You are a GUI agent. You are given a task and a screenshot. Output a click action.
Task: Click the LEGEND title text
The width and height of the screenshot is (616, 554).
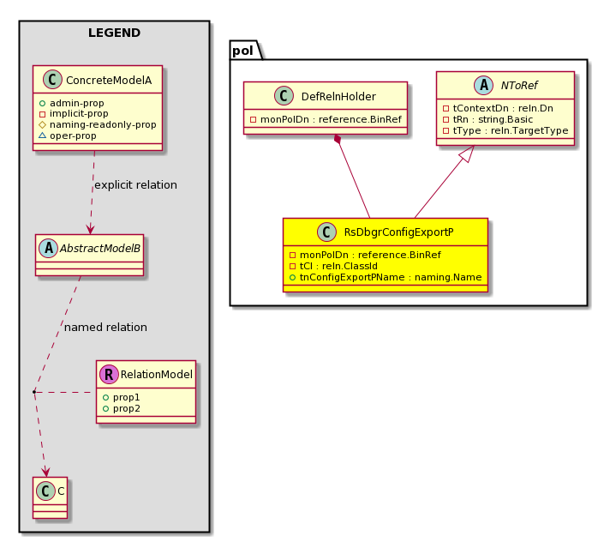coord(114,33)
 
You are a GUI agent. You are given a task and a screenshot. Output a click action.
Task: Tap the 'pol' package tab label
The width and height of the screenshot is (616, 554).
coord(242,51)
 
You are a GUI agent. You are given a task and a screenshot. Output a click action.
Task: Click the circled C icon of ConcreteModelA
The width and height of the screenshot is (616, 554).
coord(52,80)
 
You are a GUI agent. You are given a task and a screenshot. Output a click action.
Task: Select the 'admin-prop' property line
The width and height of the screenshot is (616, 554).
coord(71,103)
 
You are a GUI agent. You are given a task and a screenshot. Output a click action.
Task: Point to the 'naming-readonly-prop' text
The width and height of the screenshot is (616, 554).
coord(103,124)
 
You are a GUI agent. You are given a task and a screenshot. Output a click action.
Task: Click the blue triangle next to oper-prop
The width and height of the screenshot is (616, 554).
coord(43,135)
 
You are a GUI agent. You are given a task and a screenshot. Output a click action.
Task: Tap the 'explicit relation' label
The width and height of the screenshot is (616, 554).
coord(135,184)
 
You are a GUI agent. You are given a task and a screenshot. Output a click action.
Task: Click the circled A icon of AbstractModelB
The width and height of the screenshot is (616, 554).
coord(49,248)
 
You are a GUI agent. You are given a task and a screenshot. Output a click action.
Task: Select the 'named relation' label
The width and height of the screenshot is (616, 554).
coord(105,327)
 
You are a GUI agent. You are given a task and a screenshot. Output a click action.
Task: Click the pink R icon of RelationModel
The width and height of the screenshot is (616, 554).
coord(109,374)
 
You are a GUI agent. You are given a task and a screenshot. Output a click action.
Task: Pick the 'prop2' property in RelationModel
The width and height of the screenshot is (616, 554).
coord(121,408)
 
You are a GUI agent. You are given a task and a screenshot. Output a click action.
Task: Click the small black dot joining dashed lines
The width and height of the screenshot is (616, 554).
coord(34,392)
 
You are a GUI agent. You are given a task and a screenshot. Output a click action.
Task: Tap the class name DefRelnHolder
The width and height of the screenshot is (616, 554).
coord(338,96)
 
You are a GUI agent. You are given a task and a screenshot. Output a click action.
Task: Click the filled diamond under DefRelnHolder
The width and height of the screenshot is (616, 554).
coord(337,139)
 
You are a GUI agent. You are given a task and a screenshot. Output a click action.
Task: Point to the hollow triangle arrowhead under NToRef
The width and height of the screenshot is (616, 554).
coord(467,154)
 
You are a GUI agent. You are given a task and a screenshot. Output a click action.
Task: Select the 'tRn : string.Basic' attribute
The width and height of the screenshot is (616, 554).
coord(488,119)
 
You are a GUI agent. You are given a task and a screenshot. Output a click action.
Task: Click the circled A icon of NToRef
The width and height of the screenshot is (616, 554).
coord(483,85)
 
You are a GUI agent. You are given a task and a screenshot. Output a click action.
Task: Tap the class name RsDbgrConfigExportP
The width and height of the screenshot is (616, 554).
coord(398,232)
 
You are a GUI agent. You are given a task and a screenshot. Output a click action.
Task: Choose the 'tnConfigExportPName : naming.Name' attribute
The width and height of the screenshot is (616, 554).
coord(386,277)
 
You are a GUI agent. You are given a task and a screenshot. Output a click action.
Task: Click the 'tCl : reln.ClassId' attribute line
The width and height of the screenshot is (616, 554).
coord(333,266)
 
